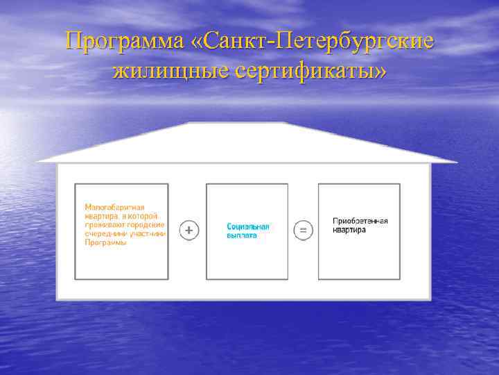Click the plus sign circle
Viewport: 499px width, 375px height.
189,229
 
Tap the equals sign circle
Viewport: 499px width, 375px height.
303,229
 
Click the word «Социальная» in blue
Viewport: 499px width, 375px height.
247,226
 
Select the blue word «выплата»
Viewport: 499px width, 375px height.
242,235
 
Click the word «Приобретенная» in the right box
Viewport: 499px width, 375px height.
360,221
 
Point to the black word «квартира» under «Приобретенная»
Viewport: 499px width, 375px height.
349,230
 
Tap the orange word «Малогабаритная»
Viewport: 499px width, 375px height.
114,207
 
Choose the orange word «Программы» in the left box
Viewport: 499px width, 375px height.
105,243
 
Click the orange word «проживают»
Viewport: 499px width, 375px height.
102,225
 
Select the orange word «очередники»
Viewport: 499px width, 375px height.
102,234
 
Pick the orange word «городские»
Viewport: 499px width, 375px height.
144,225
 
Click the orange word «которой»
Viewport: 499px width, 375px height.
146,216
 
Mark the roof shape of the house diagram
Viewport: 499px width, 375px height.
246,143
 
